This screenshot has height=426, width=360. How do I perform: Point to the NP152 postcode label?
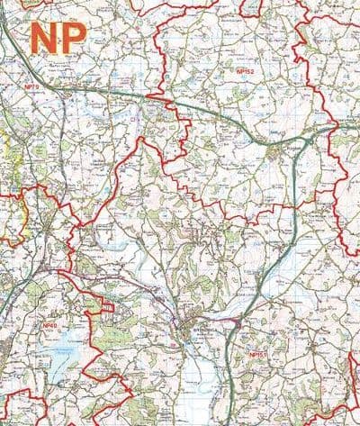click(x=244, y=70)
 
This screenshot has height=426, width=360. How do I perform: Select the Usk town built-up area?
click(x=192, y=324)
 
